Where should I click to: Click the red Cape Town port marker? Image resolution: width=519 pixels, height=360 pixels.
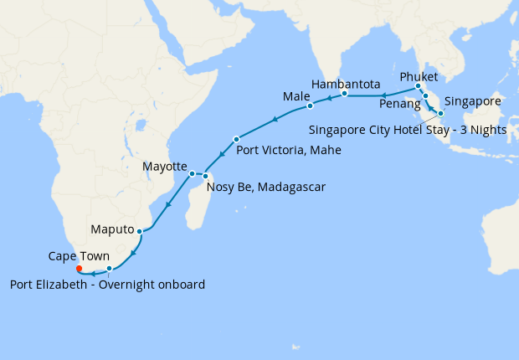79,270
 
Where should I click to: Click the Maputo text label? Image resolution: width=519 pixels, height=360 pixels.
111,229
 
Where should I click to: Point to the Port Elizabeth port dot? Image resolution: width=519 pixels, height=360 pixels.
109,269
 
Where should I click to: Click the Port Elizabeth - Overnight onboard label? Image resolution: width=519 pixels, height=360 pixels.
108,285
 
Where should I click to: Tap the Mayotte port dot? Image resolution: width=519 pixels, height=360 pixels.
192,173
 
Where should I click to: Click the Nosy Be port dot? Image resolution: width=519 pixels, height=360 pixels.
205,175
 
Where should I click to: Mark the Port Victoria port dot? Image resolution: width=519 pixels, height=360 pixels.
237,139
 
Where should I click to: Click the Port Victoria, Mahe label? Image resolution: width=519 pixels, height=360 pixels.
289,152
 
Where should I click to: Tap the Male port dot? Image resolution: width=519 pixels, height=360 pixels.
310,106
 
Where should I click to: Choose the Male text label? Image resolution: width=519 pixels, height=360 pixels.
296,97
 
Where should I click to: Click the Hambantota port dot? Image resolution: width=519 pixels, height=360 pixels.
344,94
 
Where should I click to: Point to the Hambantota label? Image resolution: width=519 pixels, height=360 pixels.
346,85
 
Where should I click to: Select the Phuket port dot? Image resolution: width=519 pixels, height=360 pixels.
418,86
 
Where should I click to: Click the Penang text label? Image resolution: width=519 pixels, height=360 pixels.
399,105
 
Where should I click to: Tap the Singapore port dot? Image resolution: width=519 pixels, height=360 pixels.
440,112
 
